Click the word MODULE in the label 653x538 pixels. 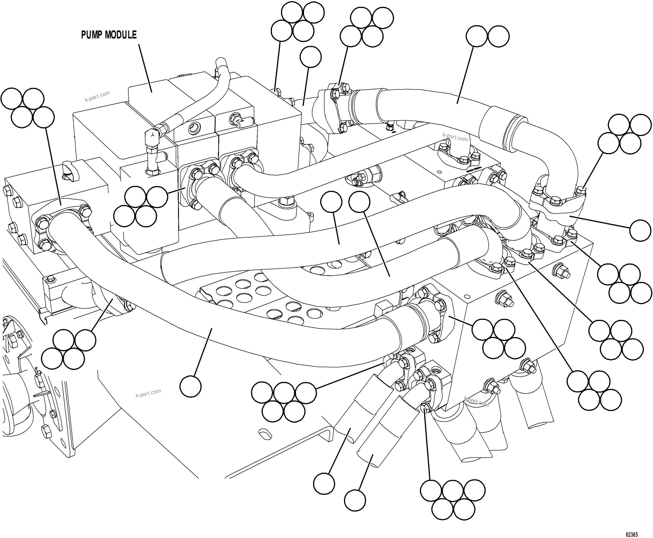[121, 35]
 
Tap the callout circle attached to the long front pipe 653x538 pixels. [191, 386]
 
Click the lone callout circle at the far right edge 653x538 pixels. [640, 230]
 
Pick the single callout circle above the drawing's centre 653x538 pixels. [311, 57]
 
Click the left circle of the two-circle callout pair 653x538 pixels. [477, 36]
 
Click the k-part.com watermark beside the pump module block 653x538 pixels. [97, 96]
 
